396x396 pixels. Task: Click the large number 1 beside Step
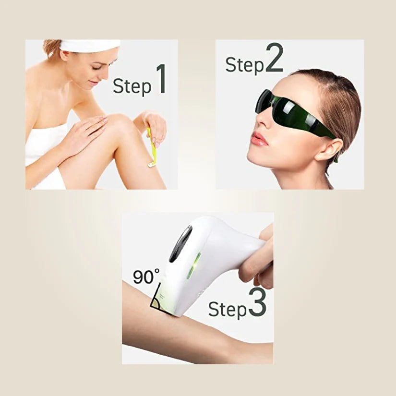click(161, 79)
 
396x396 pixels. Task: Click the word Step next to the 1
click(132, 86)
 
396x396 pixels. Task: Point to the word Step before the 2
click(245, 65)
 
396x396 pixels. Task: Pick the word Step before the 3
click(228, 310)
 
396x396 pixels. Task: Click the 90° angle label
click(147, 276)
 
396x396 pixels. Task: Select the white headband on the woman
click(90, 45)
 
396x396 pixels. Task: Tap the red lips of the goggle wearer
click(259, 139)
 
